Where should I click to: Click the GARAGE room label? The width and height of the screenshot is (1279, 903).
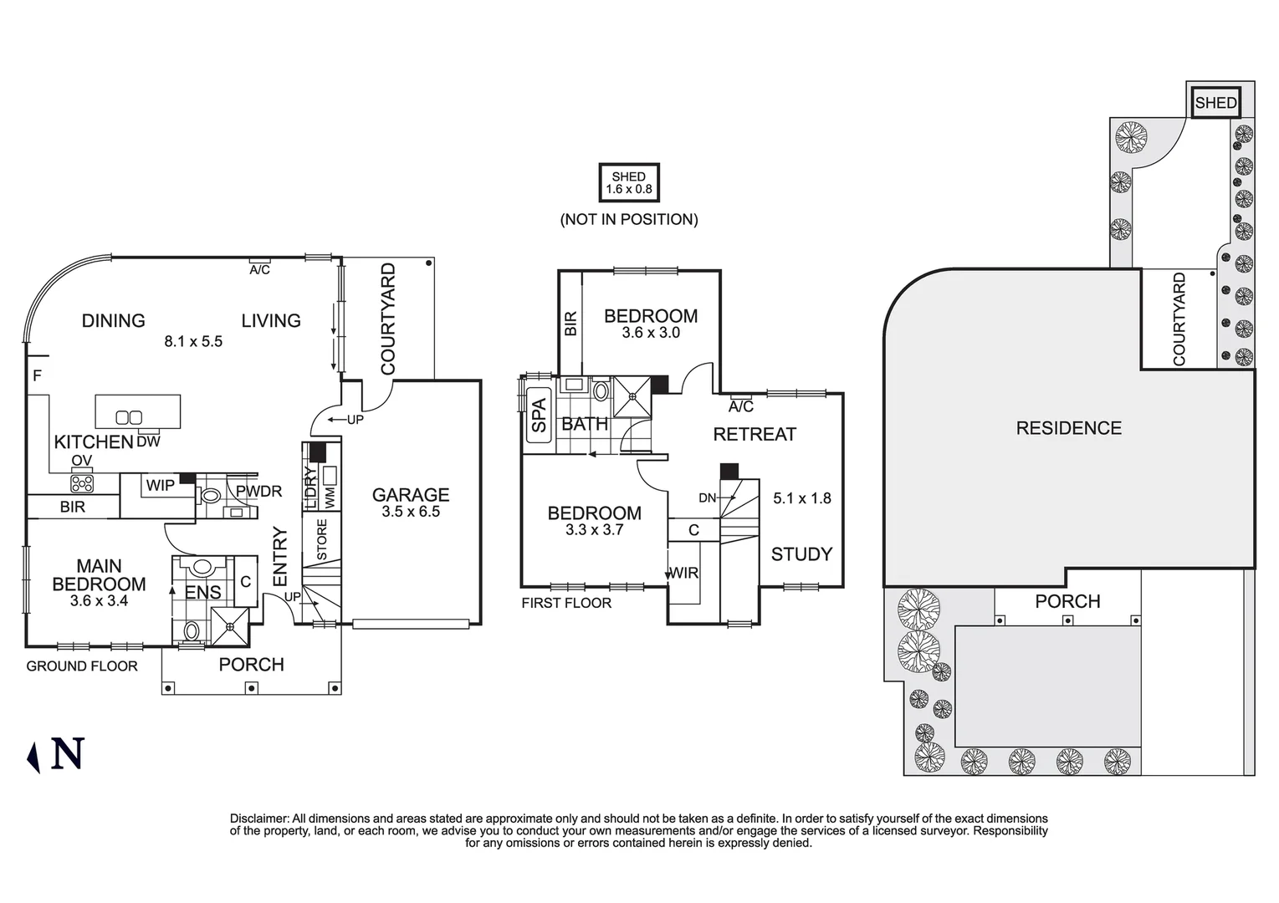(x=411, y=494)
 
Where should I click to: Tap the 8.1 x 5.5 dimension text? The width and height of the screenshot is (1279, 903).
(x=193, y=341)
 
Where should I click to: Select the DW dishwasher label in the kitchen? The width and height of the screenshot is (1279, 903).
(x=148, y=441)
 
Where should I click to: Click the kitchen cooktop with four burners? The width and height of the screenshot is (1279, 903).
(x=82, y=484)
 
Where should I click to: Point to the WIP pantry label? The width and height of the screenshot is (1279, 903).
(x=161, y=485)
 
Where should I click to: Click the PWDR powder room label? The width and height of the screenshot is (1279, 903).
(x=258, y=491)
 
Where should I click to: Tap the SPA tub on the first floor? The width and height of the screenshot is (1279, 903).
(x=539, y=415)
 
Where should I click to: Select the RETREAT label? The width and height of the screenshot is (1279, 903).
(x=755, y=435)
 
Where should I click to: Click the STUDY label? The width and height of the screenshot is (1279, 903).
(x=801, y=554)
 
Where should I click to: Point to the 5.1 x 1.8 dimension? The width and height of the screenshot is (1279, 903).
(x=801, y=498)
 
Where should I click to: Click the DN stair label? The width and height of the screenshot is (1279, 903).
(x=707, y=497)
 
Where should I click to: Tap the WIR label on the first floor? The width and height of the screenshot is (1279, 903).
(x=683, y=573)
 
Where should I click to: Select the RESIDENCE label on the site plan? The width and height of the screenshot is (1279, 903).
(x=1068, y=428)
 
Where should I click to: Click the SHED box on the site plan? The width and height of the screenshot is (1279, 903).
(x=1215, y=103)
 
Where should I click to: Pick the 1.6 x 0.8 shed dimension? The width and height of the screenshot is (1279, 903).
(x=629, y=189)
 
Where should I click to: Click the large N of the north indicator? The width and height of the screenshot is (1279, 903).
(x=68, y=753)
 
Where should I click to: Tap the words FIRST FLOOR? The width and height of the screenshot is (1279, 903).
(x=566, y=603)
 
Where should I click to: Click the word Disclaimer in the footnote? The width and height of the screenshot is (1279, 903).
(x=259, y=819)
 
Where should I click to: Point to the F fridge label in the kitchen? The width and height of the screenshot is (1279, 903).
(x=37, y=375)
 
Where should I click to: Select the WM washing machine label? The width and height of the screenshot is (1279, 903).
(x=330, y=497)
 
